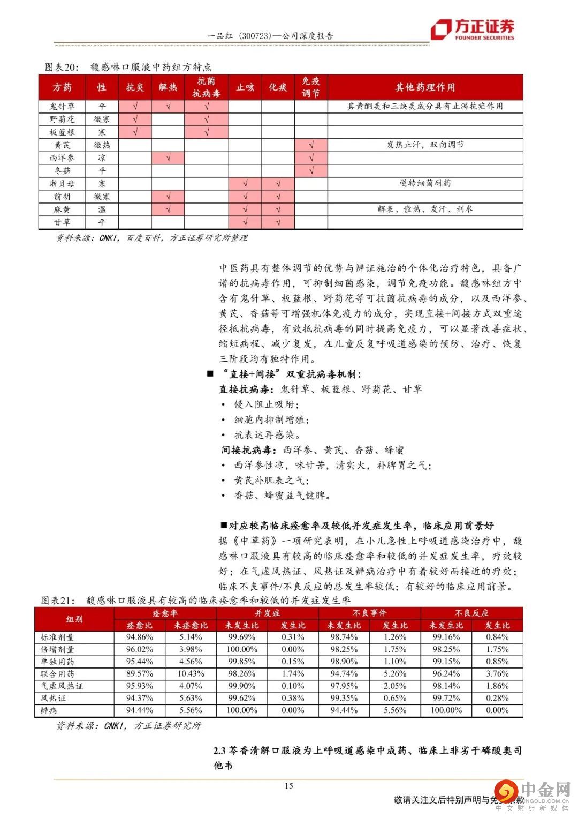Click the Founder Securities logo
click(474, 29)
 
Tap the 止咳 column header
click(245, 87)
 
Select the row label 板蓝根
click(62, 132)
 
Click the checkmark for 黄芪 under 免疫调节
click(311, 145)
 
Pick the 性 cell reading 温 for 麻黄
click(102, 209)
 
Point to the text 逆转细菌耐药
click(425, 183)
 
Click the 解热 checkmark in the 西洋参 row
click(168, 158)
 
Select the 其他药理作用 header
click(425, 87)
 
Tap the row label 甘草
click(62, 222)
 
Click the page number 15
click(288, 786)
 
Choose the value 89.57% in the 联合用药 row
click(139, 674)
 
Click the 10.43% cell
click(191, 674)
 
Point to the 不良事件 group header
click(369, 613)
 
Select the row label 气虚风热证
click(62, 686)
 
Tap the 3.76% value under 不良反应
click(497, 674)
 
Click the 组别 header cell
click(74, 619)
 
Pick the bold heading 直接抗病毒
click(246, 389)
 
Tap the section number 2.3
click(220, 751)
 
